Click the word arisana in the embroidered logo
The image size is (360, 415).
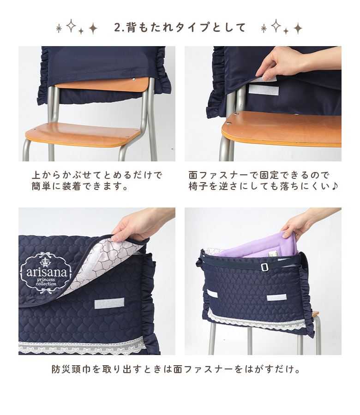click(46, 272)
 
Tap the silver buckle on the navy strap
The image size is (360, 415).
click(264, 267)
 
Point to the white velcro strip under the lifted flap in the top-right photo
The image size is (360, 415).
click(264, 90)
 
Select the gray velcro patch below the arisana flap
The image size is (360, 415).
click(109, 303)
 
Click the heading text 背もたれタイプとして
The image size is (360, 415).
click(186, 28)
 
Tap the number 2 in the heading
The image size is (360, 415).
click(117, 28)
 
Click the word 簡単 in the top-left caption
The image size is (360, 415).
click(41, 187)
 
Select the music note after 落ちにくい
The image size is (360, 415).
click(335, 186)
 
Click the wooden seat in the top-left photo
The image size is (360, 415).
click(83, 134)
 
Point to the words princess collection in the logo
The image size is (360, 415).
click(46, 282)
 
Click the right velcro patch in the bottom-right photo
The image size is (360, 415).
click(276, 297)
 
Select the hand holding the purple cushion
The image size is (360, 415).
click(305, 225)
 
